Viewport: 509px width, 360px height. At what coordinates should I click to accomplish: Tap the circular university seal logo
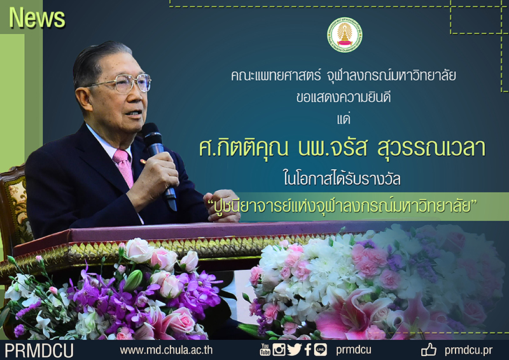345,36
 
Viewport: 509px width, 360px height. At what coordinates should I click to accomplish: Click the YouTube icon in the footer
265,349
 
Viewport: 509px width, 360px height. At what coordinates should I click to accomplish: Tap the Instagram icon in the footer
279,349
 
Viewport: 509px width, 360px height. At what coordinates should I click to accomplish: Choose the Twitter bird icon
294,349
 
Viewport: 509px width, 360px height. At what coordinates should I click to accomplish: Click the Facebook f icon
308,349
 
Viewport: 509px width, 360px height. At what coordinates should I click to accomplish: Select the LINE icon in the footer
321,349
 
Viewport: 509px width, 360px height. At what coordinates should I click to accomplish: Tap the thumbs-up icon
429,349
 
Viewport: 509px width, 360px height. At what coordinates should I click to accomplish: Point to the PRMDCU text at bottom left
39,349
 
